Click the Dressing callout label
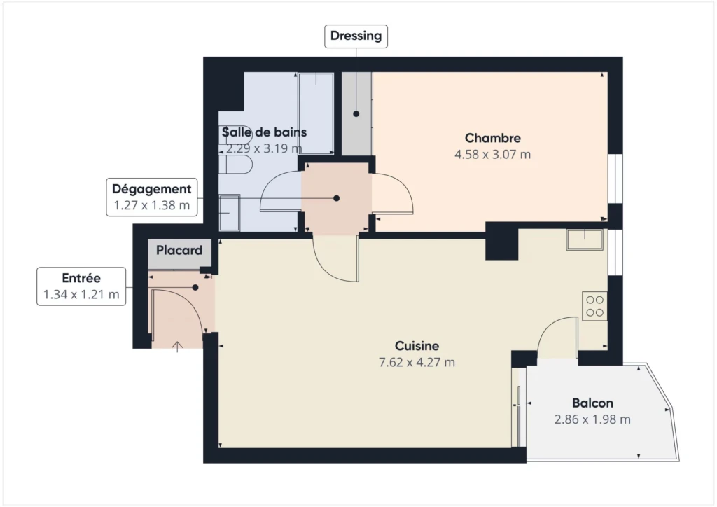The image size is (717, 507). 356,36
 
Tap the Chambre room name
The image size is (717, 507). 492,138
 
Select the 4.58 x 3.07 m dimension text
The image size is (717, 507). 492,155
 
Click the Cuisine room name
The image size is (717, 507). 417,346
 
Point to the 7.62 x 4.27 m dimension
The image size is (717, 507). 417,362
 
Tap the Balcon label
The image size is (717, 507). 592,403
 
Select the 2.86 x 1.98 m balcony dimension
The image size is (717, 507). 592,419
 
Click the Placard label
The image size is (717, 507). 179,250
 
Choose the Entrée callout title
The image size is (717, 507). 81,278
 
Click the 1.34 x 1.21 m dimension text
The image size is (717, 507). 81,294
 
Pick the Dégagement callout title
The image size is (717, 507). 151,189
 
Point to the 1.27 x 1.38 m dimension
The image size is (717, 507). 151,205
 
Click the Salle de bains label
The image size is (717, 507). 264,132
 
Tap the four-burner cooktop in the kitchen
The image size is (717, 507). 594,306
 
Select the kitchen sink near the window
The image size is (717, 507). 585,239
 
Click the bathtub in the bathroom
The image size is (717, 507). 316,113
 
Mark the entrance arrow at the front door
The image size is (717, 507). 177,347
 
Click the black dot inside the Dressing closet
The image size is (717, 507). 356,114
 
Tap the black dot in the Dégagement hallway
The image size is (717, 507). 337,198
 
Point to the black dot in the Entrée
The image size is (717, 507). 195,288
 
